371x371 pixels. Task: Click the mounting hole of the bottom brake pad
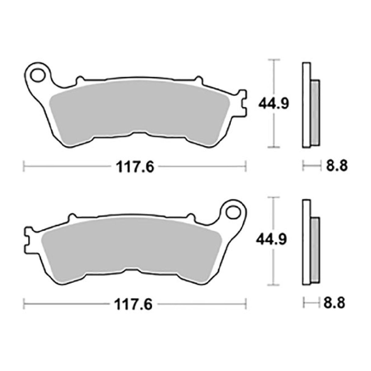point(233,211)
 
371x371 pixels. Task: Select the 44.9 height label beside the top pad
point(273,104)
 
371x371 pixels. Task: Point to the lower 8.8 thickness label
point(334,304)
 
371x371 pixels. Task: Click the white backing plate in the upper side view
point(306,104)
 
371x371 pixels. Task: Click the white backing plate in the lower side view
point(306,241)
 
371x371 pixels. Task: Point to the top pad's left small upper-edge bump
point(80,80)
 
